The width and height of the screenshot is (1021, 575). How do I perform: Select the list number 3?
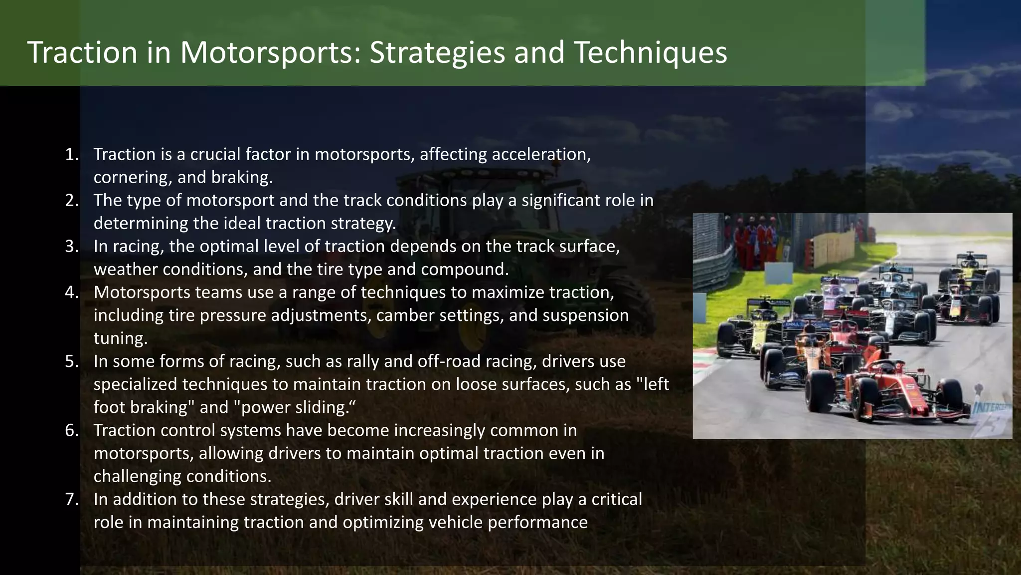tap(72, 246)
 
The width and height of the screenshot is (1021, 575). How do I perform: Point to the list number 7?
tap(72, 499)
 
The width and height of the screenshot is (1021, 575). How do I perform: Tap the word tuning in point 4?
tap(120, 338)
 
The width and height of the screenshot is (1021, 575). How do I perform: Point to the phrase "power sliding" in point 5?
tap(294, 407)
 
